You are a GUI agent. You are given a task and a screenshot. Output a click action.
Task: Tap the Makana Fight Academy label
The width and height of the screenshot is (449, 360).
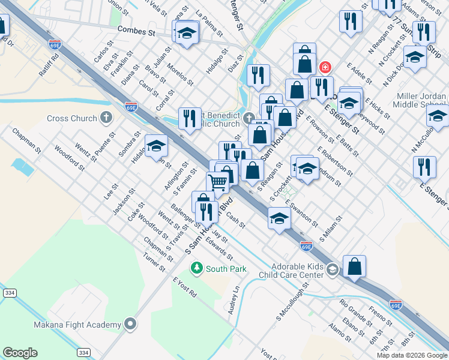[x=77, y=325]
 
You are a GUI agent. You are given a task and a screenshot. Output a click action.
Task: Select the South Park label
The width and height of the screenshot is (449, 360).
[x=226, y=269]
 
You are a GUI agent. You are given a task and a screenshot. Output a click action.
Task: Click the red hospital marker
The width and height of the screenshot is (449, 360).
[x=325, y=67]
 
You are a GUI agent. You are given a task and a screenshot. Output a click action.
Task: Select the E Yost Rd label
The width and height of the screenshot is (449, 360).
[x=184, y=288]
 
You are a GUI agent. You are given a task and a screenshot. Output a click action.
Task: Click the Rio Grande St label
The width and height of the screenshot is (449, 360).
[x=356, y=310]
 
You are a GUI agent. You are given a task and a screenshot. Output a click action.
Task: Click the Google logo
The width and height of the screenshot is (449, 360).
[x=20, y=352]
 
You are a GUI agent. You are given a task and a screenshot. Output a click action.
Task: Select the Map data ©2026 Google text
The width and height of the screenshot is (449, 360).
[x=411, y=355]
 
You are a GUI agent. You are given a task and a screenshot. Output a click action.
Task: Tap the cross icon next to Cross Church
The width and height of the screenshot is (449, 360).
[x=106, y=118]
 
